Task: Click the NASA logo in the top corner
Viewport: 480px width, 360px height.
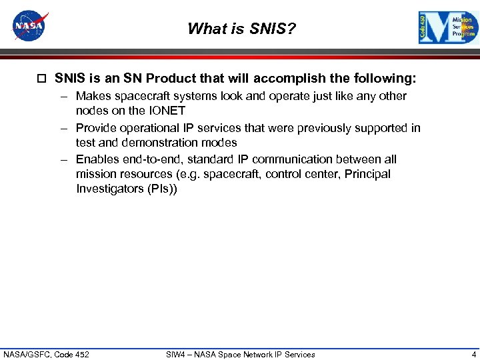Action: pos(30,27)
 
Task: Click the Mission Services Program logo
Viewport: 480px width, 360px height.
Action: pos(449,28)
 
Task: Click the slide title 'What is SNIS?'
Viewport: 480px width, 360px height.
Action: pos(241,29)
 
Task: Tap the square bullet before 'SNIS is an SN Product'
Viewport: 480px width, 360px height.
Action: pos(42,79)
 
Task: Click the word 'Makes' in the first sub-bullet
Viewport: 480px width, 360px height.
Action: pos(93,96)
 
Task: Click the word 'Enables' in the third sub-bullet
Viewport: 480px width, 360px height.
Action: pos(97,159)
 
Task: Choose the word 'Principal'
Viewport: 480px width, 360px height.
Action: pos(365,174)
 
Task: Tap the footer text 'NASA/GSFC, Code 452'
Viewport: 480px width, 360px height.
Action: pos(46,354)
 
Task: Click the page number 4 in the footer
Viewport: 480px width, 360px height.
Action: pos(473,354)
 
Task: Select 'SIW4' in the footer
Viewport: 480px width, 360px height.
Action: pos(176,354)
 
